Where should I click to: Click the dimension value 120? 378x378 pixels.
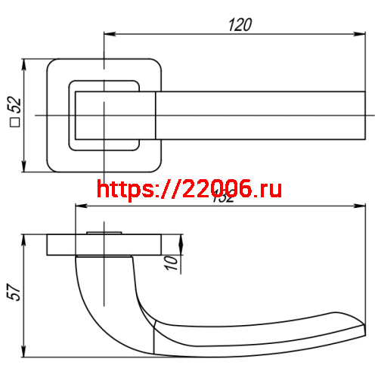coord(239,24)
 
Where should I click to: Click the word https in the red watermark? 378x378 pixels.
coord(125,189)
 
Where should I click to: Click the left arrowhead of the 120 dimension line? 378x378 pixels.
coord(107,34)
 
